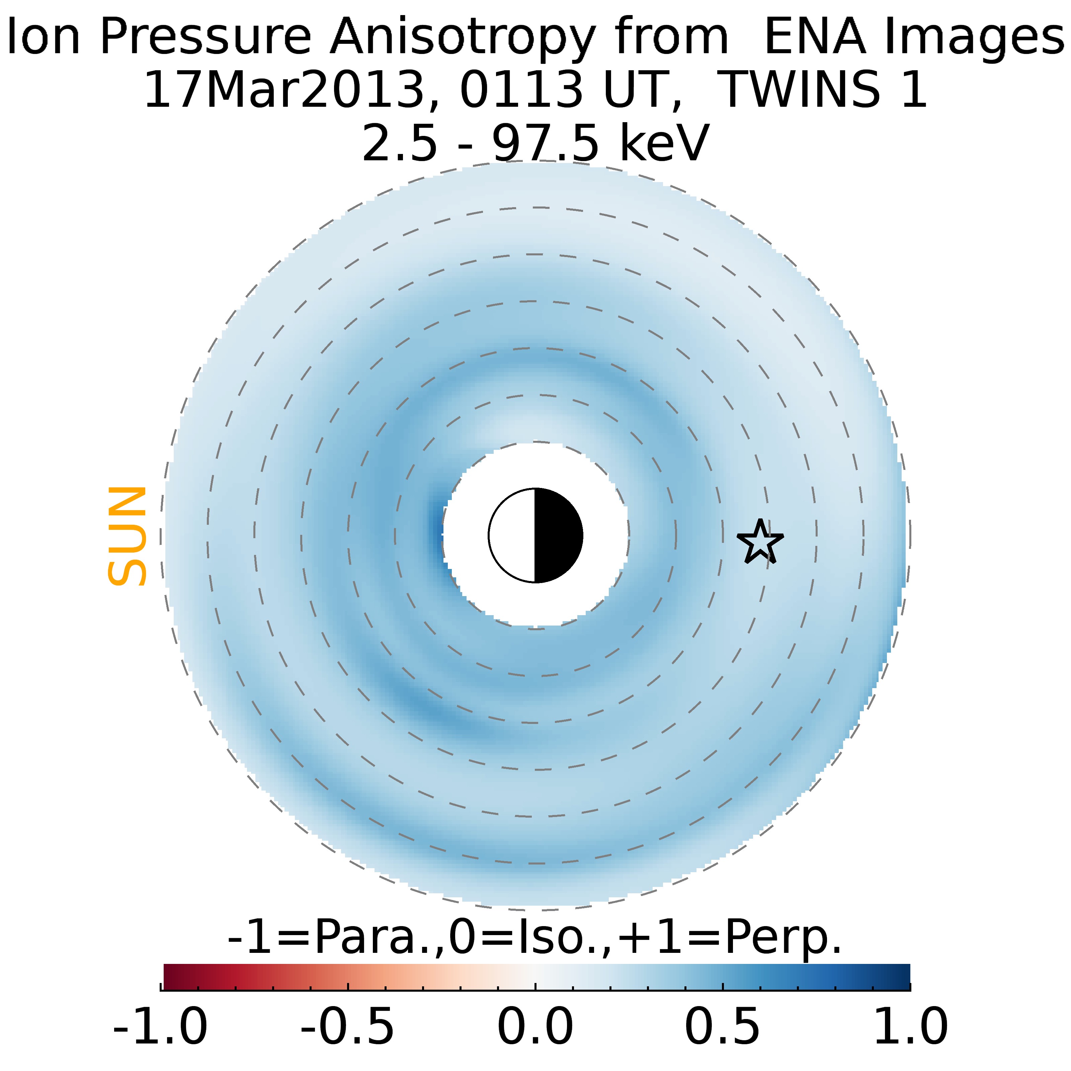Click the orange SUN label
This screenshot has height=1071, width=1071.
tap(127, 536)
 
